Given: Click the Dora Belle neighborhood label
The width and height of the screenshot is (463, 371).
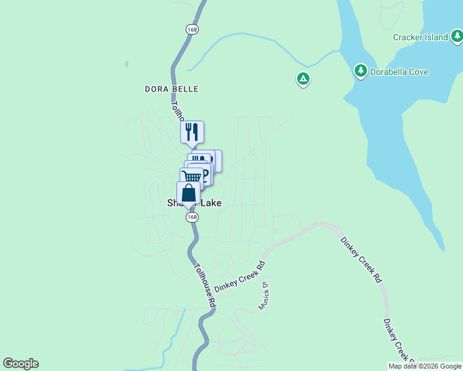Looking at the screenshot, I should (171, 89).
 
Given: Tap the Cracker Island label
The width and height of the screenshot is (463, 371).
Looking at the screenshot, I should (420, 37).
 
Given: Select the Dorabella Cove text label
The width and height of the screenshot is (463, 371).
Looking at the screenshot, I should (399, 72).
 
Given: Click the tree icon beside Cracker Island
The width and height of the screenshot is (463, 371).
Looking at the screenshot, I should (457, 37).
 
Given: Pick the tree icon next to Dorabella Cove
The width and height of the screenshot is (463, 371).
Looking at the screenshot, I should (360, 71).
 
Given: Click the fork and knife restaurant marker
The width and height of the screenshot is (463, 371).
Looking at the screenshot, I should (192, 132).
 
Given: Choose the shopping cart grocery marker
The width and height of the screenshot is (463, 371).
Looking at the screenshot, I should (192, 177).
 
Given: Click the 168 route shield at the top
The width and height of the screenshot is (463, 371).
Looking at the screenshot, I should (192, 29).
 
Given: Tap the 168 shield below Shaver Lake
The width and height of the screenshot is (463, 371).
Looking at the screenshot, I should (192, 218).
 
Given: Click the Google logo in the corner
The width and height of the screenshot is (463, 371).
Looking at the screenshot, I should (20, 364).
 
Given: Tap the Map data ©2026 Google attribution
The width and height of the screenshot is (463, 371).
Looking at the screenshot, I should (425, 366).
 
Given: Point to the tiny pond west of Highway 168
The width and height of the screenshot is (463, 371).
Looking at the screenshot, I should (126, 64).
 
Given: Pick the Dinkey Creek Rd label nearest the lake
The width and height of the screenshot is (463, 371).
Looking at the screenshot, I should (360, 260).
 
